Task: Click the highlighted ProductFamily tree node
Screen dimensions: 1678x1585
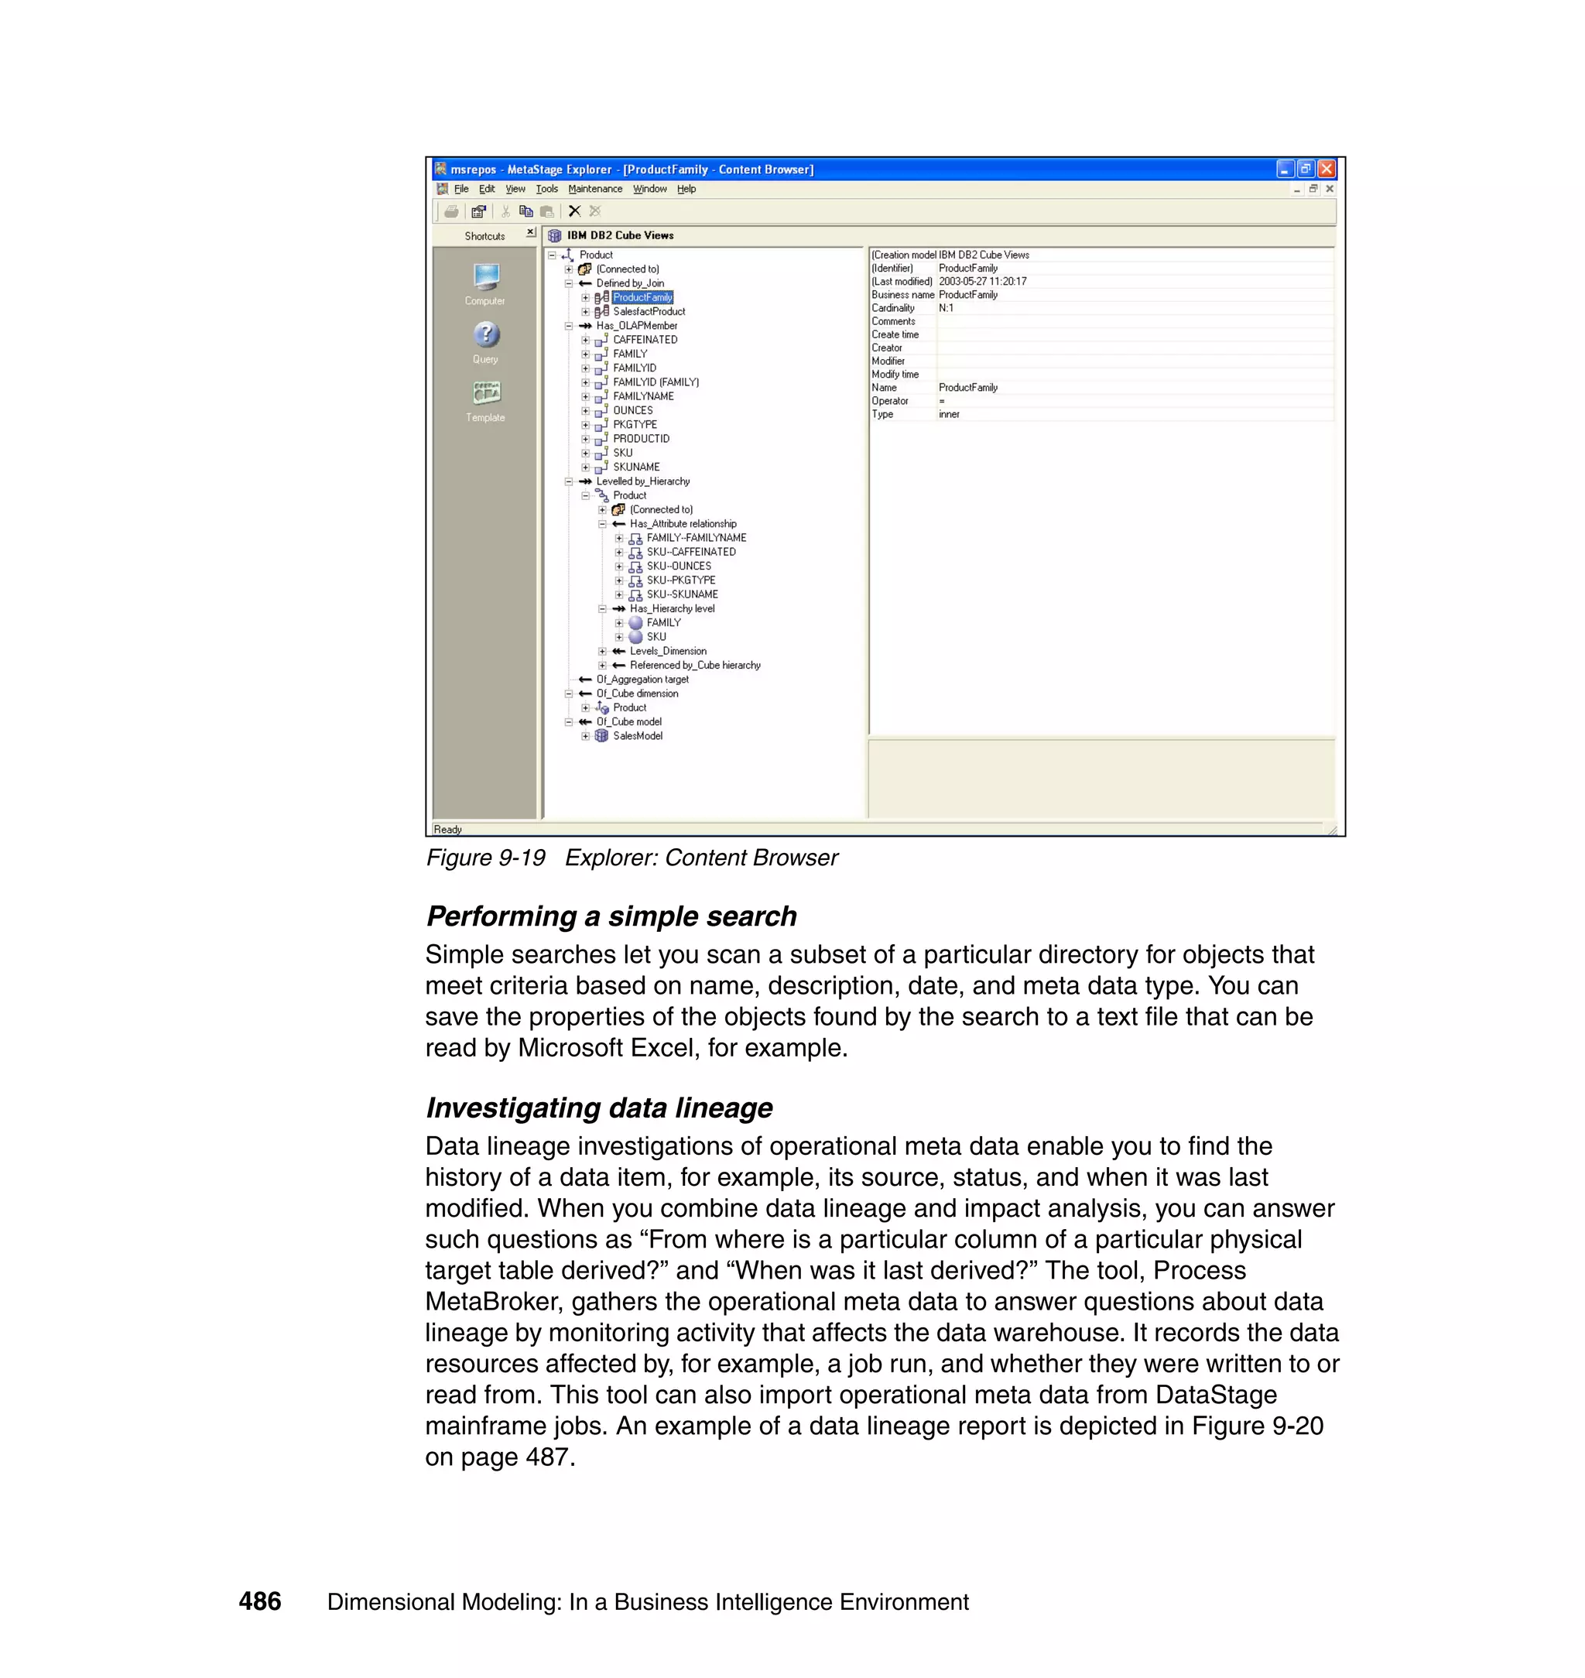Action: tap(642, 297)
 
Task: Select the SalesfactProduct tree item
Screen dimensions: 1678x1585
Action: tap(648, 312)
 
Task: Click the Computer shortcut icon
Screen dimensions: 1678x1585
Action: tap(486, 277)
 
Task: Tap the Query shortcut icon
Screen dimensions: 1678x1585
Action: tap(486, 335)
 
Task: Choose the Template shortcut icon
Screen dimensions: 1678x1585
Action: tap(486, 393)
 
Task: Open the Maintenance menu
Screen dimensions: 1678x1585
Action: tap(595, 190)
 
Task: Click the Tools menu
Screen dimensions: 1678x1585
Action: tap(546, 190)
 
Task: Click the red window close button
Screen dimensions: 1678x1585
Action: tap(1327, 169)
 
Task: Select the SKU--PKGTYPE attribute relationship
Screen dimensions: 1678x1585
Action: tap(680, 580)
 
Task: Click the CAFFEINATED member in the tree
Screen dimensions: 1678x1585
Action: tap(645, 340)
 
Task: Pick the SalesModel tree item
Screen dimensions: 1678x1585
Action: tap(637, 736)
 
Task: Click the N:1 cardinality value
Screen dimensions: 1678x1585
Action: tap(946, 308)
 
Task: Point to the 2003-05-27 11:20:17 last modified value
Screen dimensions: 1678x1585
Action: tap(982, 282)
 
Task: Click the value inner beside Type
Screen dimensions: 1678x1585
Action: tap(949, 414)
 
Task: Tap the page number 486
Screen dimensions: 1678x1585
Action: tap(259, 1601)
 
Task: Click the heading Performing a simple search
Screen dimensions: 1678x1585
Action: tap(611, 916)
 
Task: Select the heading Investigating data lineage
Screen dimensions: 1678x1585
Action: tap(598, 1108)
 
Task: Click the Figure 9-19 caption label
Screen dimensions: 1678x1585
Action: tap(486, 858)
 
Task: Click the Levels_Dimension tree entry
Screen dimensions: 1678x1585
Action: tap(667, 652)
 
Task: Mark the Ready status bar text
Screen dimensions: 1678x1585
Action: tap(447, 830)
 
